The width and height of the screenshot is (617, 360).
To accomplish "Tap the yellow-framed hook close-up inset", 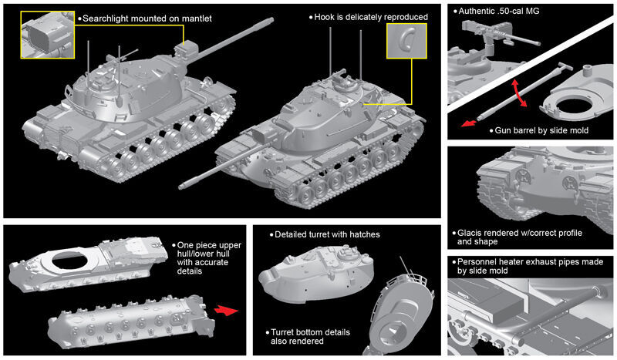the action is pyautogui.click(x=406, y=41).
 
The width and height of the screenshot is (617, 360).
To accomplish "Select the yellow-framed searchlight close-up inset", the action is pyautogui.click(x=48, y=35).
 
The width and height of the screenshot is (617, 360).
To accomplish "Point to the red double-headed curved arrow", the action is pyautogui.click(x=519, y=93).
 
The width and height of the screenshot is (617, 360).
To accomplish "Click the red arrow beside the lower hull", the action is pyautogui.click(x=226, y=311).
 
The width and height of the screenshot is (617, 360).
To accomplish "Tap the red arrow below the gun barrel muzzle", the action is pyautogui.click(x=468, y=123).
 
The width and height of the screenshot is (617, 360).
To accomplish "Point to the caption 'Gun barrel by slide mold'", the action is pyautogui.click(x=541, y=130).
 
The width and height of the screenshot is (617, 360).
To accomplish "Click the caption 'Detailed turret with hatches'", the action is pyautogui.click(x=327, y=234).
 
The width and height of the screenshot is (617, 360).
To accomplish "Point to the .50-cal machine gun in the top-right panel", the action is pyautogui.click(x=499, y=35).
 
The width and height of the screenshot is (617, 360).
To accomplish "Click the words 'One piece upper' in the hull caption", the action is pyautogui.click(x=208, y=245).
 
